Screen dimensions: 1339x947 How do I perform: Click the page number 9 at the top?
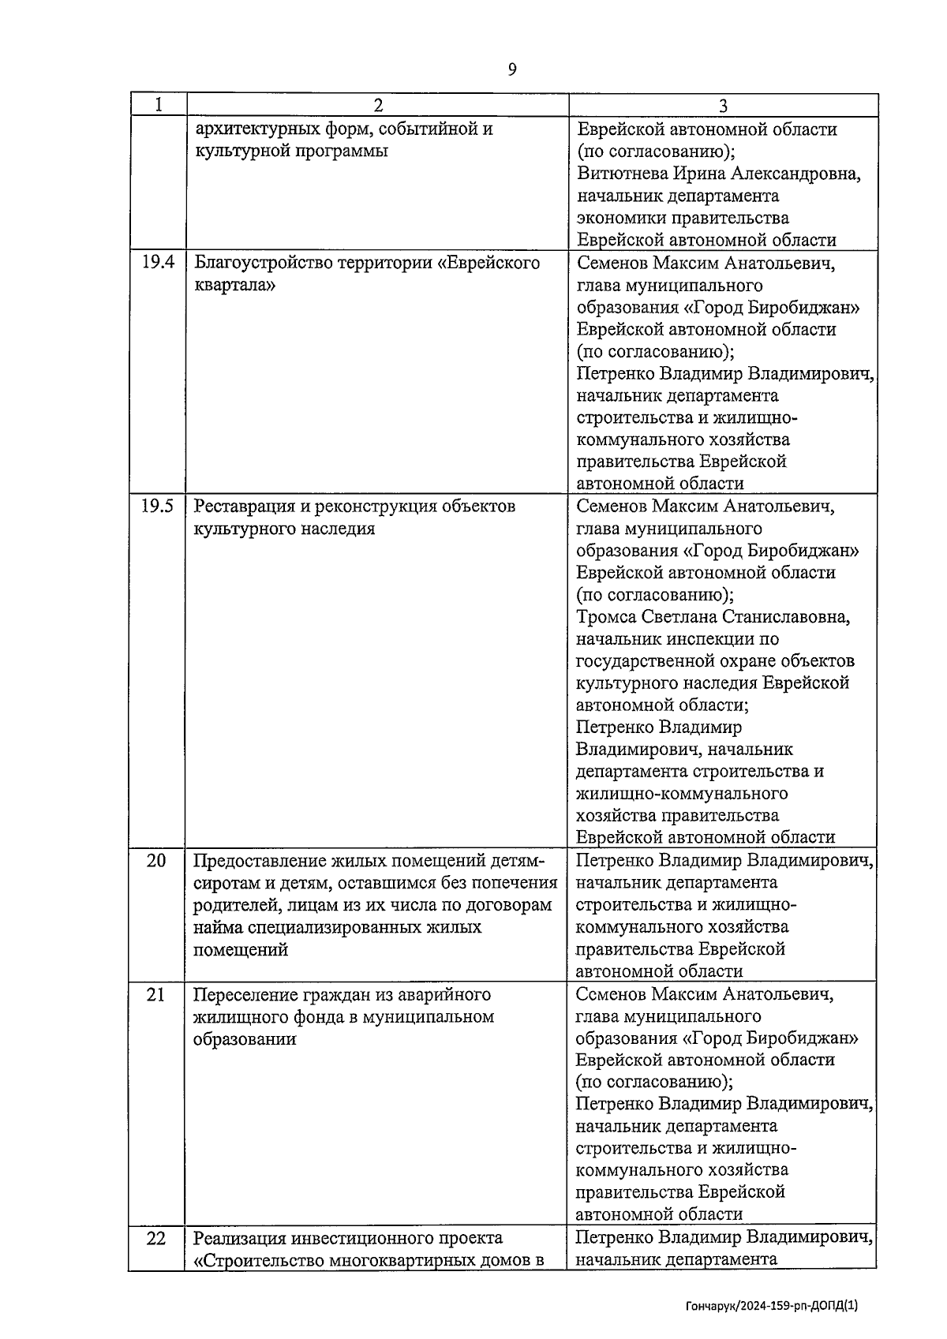click(512, 70)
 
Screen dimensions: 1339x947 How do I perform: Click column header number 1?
click(158, 105)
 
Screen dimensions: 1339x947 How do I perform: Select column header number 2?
click(377, 106)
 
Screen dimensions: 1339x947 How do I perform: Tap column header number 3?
click(723, 106)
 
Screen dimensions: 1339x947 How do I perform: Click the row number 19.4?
click(158, 263)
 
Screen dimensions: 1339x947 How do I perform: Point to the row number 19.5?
click(157, 506)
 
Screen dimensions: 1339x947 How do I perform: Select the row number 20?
click(156, 860)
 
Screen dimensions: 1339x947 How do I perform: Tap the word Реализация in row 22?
click(240, 1237)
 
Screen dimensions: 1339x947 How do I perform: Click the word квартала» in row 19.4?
click(234, 285)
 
